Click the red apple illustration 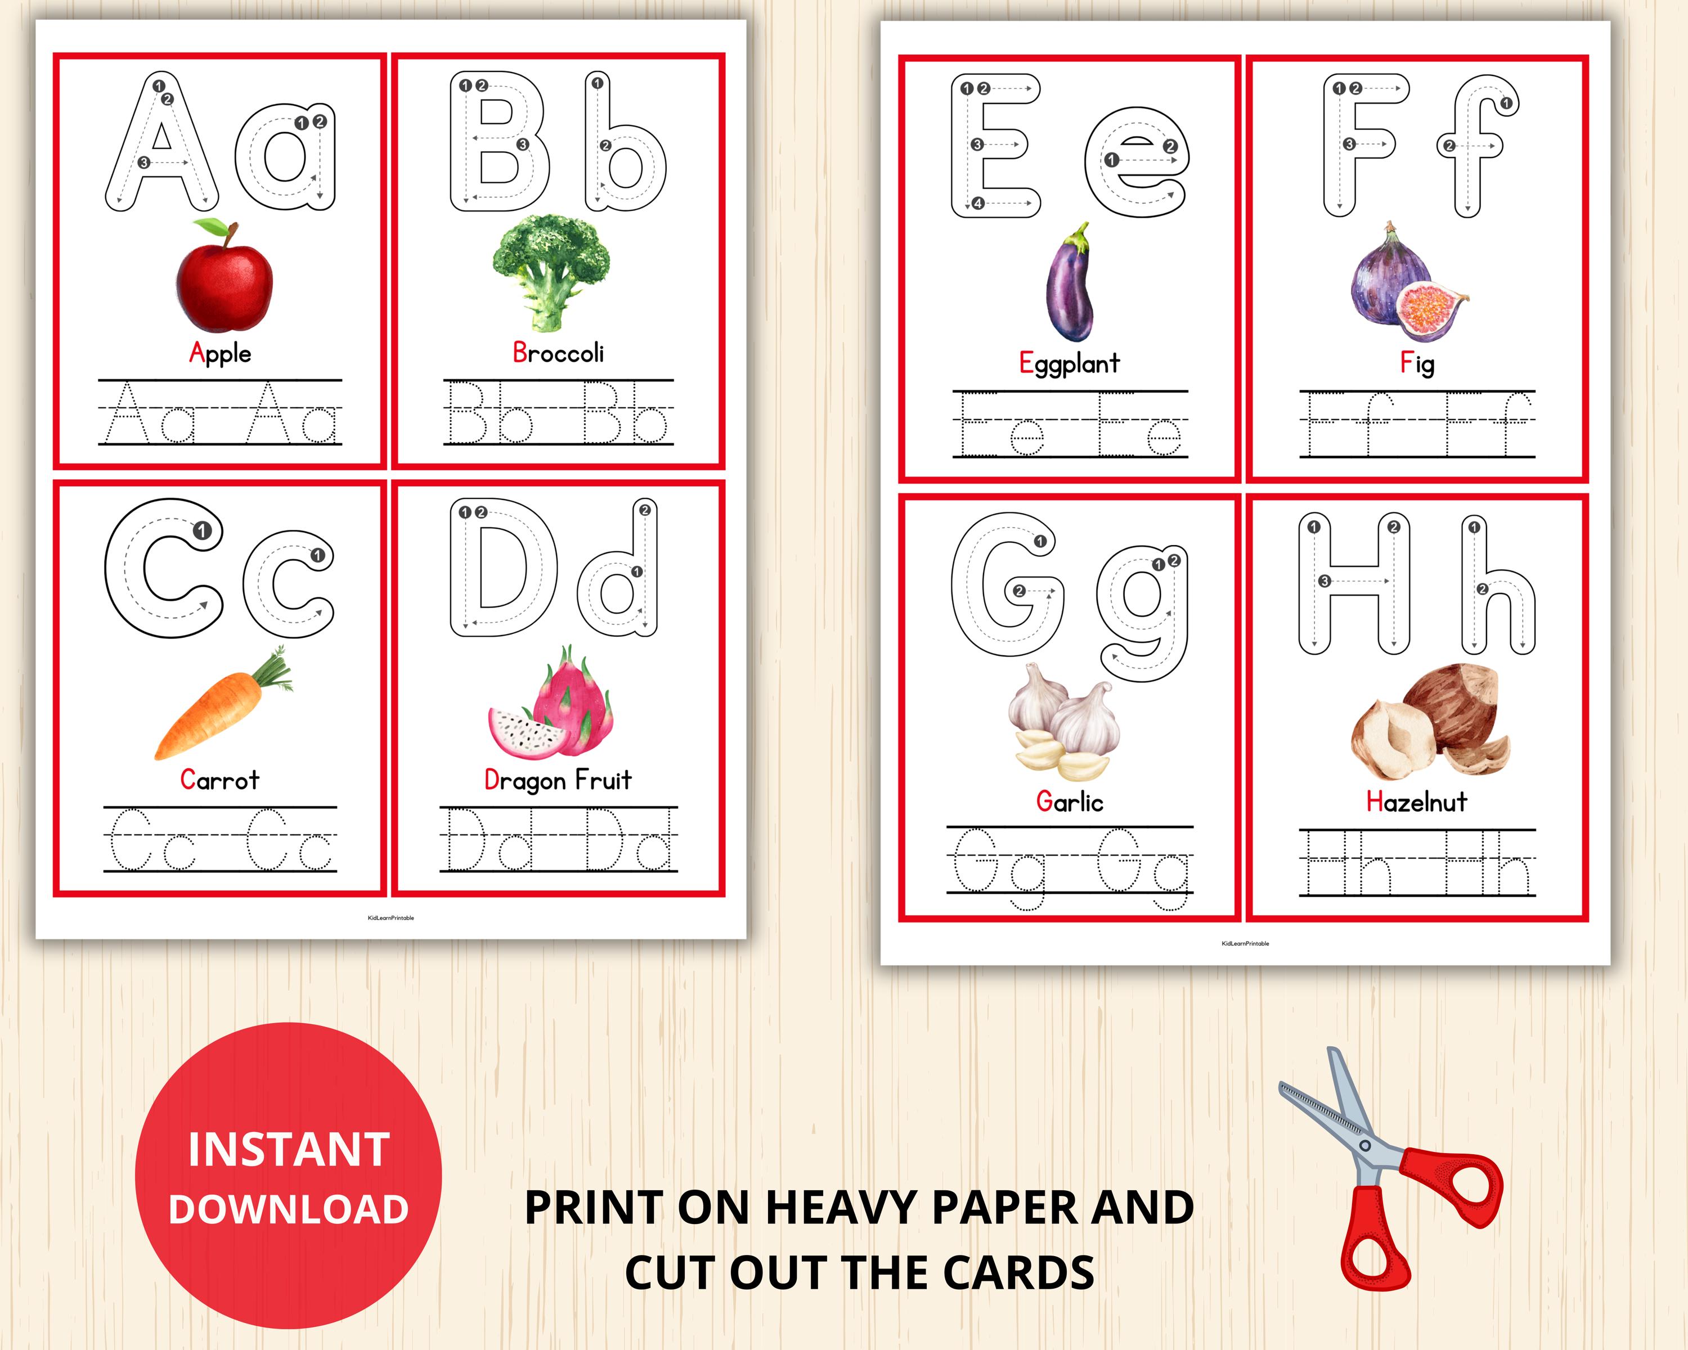point(225,283)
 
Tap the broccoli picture point(551,270)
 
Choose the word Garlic point(1070,802)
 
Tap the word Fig point(1417,363)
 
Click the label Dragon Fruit point(558,780)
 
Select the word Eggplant point(1070,363)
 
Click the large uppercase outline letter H point(1354,584)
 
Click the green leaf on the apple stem point(210,227)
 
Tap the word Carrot point(219,780)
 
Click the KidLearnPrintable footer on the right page point(1245,944)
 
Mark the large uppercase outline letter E point(994,146)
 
